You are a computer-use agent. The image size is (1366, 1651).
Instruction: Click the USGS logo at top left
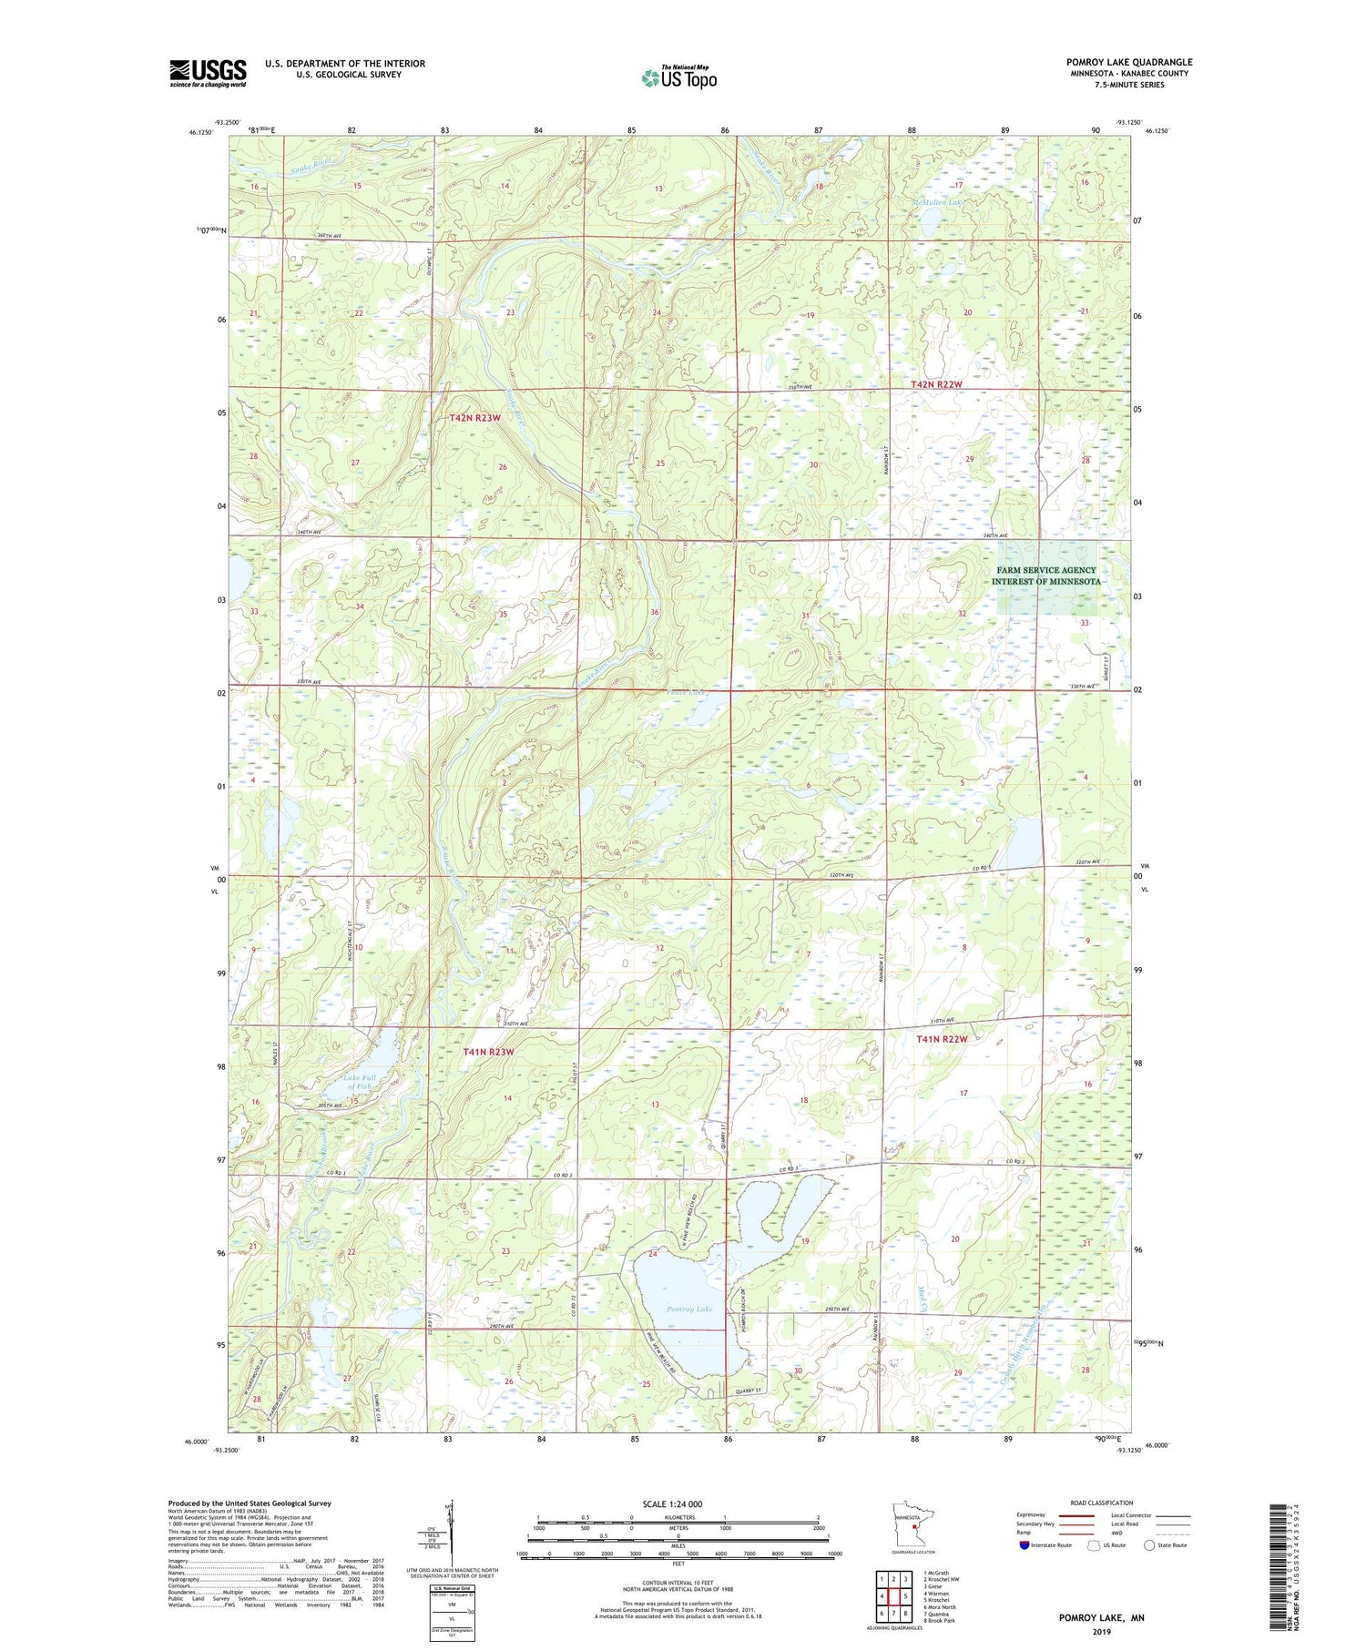pos(208,73)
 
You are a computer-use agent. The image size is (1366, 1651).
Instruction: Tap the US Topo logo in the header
pos(678,78)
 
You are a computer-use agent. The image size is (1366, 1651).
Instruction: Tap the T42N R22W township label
pos(936,385)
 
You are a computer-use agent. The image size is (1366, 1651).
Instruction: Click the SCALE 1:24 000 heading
pos(678,1503)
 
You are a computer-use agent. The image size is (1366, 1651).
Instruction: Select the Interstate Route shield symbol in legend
pos(1025,1545)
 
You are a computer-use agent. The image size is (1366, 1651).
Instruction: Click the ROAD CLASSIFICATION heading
pos(1102,1503)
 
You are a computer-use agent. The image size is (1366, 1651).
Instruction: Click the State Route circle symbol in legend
pos(1150,1545)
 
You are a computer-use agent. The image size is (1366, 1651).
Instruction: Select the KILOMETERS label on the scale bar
pos(678,1517)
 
